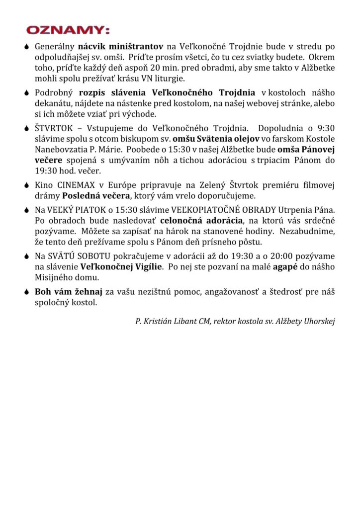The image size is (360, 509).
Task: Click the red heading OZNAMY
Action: pyautogui.click(x=68, y=30)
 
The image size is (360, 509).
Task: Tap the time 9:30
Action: pyautogui.click(x=324, y=128)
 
